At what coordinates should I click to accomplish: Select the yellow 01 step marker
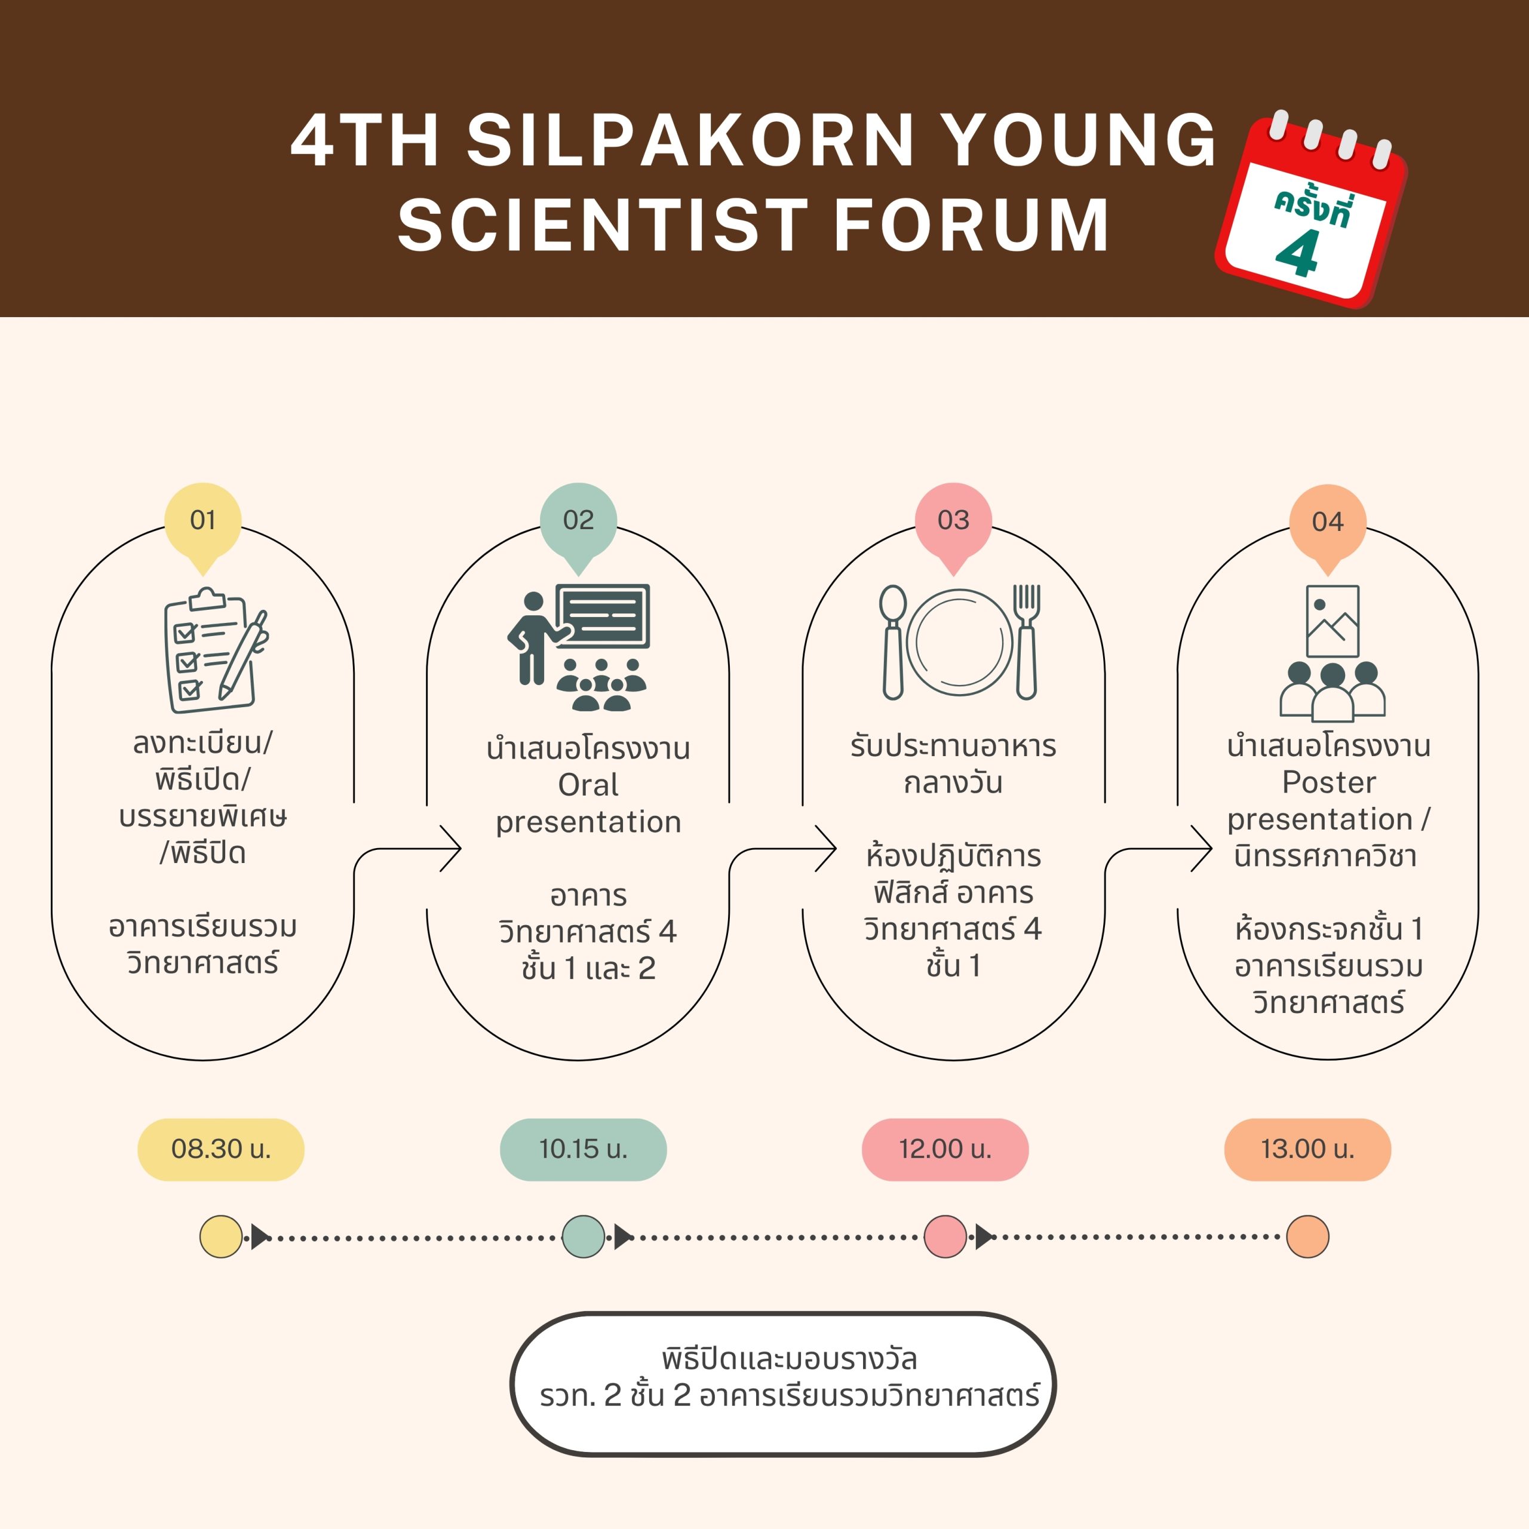[x=202, y=521]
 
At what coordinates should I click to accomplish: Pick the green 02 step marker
[x=579, y=521]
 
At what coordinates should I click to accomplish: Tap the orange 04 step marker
[x=1327, y=523]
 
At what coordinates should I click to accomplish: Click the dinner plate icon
[x=959, y=643]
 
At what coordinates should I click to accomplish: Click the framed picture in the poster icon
[x=1332, y=621]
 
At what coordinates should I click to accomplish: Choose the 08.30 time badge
[x=221, y=1149]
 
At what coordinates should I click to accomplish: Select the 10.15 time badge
[x=584, y=1149]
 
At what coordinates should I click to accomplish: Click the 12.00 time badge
[x=945, y=1149]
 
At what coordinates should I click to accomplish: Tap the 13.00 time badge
[x=1307, y=1149]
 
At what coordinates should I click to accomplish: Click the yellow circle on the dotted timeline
[x=221, y=1236]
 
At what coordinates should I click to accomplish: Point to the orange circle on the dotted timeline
[x=1307, y=1236]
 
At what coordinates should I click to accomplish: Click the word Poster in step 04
[x=1329, y=782]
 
